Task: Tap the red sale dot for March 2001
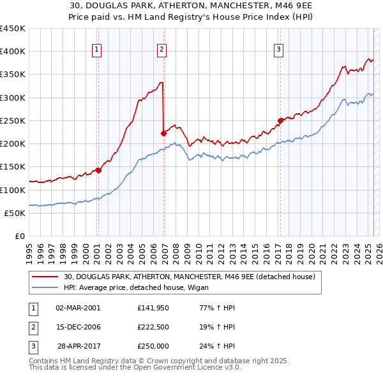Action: [98, 170]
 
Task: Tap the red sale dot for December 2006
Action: [163, 133]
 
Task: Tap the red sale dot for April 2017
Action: [280, 120]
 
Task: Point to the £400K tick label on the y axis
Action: [13, 52]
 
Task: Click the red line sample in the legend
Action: [44, 277]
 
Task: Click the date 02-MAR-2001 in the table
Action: [79, 308]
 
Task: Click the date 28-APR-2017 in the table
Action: [79, 346]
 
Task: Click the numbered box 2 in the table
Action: [33, 327]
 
